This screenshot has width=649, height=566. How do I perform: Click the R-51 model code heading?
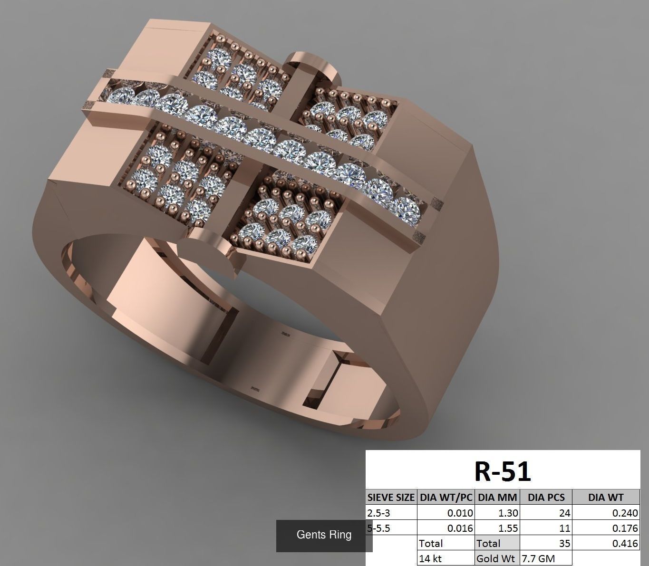click(503, 471)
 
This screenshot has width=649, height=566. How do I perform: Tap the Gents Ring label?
click(324, 535)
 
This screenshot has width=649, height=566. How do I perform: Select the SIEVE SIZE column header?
click(391, 497)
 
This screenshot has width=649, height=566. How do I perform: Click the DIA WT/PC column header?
click(446, 497)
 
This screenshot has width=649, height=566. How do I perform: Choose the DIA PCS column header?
click(546, 497)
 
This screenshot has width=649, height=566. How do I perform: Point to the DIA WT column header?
click(605, 497)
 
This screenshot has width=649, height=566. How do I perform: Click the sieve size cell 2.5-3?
click(378, 513)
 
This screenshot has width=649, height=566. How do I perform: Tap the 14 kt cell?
click(431, 558)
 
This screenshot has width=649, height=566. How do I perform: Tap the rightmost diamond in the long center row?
click(407, 210)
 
